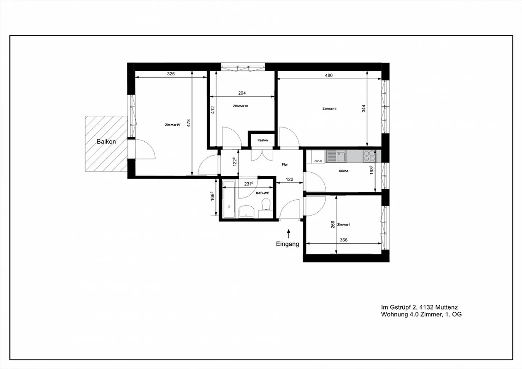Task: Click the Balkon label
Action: coord(106,142)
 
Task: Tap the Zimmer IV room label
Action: coord(173,125)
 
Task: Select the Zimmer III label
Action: coord(240,106)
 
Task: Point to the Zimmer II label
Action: coord(330,109)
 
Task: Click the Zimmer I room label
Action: coord(344,225)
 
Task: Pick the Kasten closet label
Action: coord(263,140)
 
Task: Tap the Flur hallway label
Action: coord(285,165)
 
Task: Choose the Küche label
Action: coord(344,171)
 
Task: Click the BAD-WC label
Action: coord(262,194)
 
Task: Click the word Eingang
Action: coord(287,244)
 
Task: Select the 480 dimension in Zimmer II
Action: coord(328,75)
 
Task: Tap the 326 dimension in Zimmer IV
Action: coord(171,74)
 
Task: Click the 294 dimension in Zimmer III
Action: coord(242,93)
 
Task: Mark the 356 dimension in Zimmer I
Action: coord(343,240)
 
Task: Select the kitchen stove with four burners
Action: coord(369,156)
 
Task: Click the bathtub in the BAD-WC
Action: coord(229,199)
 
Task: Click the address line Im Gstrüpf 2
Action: coord(419,307)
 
